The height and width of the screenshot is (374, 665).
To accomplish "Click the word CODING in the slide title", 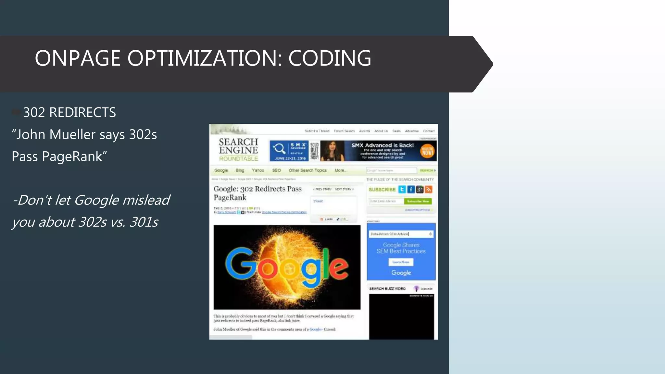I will pos(330,58).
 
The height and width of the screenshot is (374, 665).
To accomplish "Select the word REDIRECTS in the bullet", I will pos(82,113).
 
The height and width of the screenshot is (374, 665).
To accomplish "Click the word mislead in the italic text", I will pos(146,200).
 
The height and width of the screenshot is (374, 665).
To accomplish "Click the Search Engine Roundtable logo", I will pos(238,150).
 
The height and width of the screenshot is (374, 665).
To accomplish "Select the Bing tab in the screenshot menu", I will pos(240,170).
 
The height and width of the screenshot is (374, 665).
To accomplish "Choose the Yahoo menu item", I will pos(258,170).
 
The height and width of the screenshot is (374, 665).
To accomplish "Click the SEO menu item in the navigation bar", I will pos(276,170).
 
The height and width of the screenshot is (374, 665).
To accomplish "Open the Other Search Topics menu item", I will pos(307,170).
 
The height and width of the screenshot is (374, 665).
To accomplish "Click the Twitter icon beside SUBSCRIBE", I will pos(402,190).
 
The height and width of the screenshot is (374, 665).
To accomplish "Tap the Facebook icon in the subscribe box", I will pos(411,190).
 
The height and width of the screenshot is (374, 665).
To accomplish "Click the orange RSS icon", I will pos(428,190).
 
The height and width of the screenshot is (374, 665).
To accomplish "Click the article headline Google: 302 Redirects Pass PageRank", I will pos(257,193).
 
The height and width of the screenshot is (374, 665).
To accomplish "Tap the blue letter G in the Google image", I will pos(240,263).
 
